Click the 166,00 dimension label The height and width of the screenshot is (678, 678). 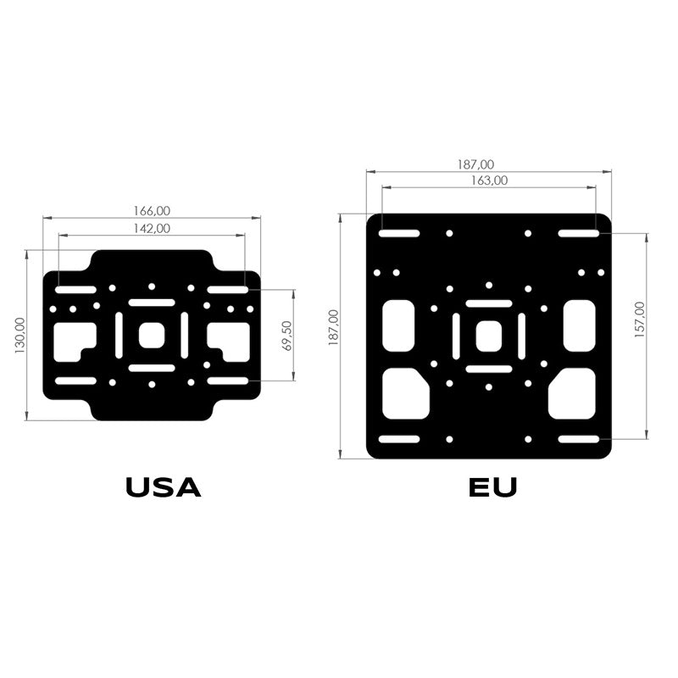[x=152, y=210]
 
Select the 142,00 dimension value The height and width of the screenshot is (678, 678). [x=152, y=228]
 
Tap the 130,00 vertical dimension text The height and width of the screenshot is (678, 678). [x=19, y=336]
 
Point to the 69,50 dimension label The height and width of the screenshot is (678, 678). [x=286, y=336]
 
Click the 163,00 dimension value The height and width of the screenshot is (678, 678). [x=489, y=181]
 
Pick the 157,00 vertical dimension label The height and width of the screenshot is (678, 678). [x=640, y=320]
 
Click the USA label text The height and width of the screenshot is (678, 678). [x=163, y=487]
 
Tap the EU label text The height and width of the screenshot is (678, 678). [x=493, y=487]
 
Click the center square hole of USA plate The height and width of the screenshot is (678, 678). [x=152, y=335]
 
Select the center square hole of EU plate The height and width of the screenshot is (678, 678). [x=489, y=336]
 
